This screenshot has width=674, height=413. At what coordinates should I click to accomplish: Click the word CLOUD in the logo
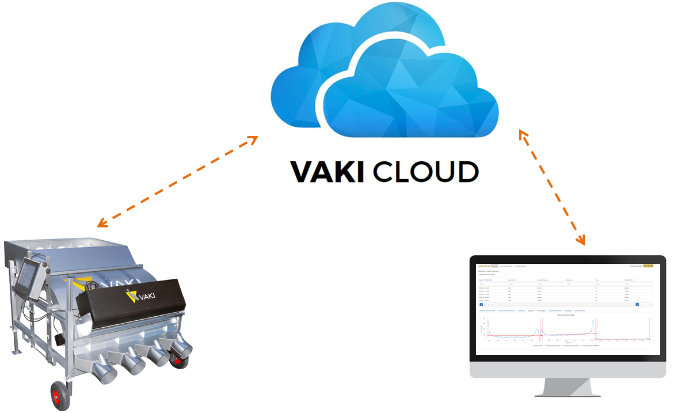pyautogui.click(x=426, y=172)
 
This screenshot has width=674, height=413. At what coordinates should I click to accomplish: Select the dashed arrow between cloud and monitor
pyautogui.click(x=551, y=185)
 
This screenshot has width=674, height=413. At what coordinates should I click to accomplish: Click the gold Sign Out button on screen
pyautogui.click(x=647, y=266)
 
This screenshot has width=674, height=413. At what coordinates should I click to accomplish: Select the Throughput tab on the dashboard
pyautogui.click(x=541, y=310)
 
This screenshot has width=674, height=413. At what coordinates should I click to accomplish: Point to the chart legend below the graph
pyautogui.click(x=567, y=346)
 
